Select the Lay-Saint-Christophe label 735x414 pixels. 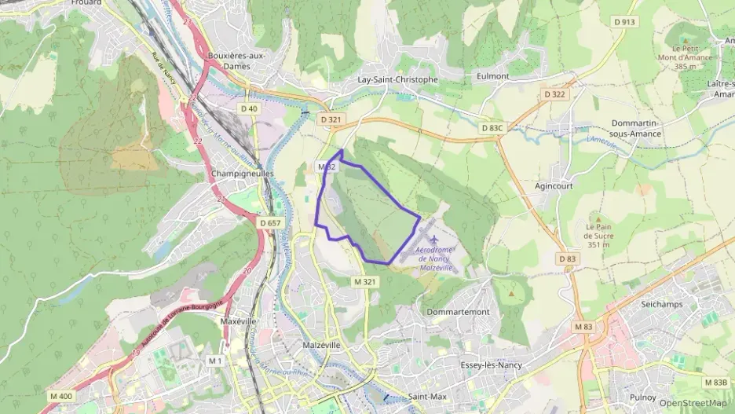coord(397,79)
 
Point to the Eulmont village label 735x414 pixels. coord(492,76)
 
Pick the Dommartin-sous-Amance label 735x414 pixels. coord(635,128)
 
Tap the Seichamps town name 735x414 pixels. coord(661,304)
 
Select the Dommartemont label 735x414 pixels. coord(458,312)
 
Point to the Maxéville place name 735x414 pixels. coord(239,321)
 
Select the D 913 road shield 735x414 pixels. coord(623,22)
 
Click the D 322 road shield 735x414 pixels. coord(554,94)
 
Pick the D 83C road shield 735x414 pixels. coord(491,127)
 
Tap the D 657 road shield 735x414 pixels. coord(269,223)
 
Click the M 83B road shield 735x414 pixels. coord(715,382)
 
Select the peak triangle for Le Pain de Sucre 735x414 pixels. coord(598,219)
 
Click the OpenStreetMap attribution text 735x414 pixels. coord(693,403)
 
